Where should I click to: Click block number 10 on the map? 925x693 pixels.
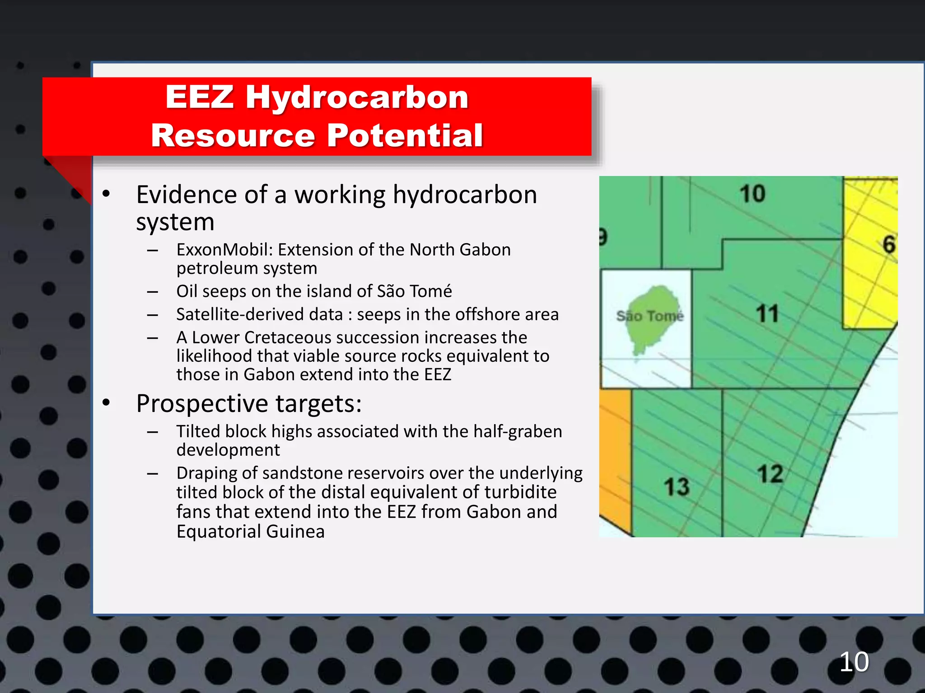click(x=752, y=194)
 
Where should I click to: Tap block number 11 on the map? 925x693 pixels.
click(x=767, y=314)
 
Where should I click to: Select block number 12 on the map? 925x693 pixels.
click(x=770, y=474)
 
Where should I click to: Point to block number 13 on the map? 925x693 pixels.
click(x=677, y=487)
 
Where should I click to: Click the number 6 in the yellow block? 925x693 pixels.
click(x=888, y=245)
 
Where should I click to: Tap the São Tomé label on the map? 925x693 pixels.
click(x=650, y=316)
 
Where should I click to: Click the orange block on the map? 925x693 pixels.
click(x=616, y=451)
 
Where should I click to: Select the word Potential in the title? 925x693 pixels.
click(x=405, y=135)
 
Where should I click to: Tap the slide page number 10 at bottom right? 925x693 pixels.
click(x=854, y=662)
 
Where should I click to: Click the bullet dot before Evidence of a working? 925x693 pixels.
click(x=106, y=194)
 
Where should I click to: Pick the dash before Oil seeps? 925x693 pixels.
click(x=152, y=292)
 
